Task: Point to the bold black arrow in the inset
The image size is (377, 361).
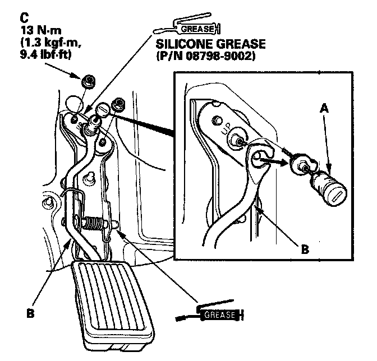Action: pos(269,164)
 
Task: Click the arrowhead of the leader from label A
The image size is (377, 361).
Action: pos(331,169)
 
